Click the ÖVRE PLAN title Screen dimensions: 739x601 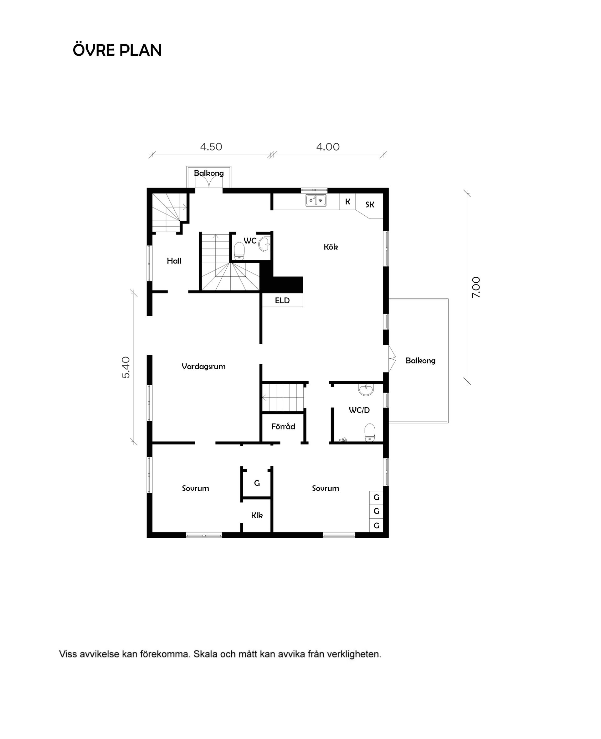coord(117,50)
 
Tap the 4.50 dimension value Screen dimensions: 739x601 coord(211,147)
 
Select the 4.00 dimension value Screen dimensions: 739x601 coord(327,147)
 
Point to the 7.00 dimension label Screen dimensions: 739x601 coord(476,287)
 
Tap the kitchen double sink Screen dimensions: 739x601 coord(316,200)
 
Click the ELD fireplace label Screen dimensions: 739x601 coord(282,300)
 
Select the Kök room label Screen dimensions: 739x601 coord(331,247)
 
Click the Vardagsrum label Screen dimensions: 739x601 coord(203,366)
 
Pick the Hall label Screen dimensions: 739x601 coord(174,261)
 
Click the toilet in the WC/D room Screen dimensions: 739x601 coord(370,432)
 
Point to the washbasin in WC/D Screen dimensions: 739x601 coord(366,390)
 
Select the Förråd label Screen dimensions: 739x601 coord(283,426)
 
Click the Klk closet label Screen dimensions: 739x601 coord(257,516)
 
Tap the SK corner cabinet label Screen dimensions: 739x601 coord(370,205)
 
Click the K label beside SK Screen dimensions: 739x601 coord(347,202)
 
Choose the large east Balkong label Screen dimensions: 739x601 coord(420,361)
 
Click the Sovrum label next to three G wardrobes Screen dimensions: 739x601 coord(326,488)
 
